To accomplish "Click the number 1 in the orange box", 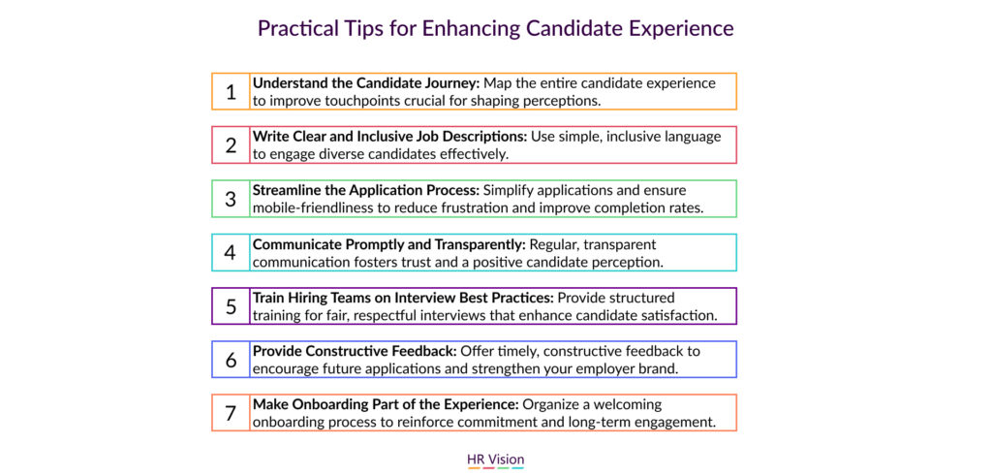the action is [231, 92].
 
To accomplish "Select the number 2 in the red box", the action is [231, 145].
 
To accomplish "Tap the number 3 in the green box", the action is [231, 199].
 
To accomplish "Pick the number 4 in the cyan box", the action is [231, 253].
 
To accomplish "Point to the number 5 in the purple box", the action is [231, 306].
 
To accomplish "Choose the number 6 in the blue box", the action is [231, 360].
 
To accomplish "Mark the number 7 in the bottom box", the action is [231, 413].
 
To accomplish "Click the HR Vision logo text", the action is [495, 459].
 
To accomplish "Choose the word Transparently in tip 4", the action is [480, 243].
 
